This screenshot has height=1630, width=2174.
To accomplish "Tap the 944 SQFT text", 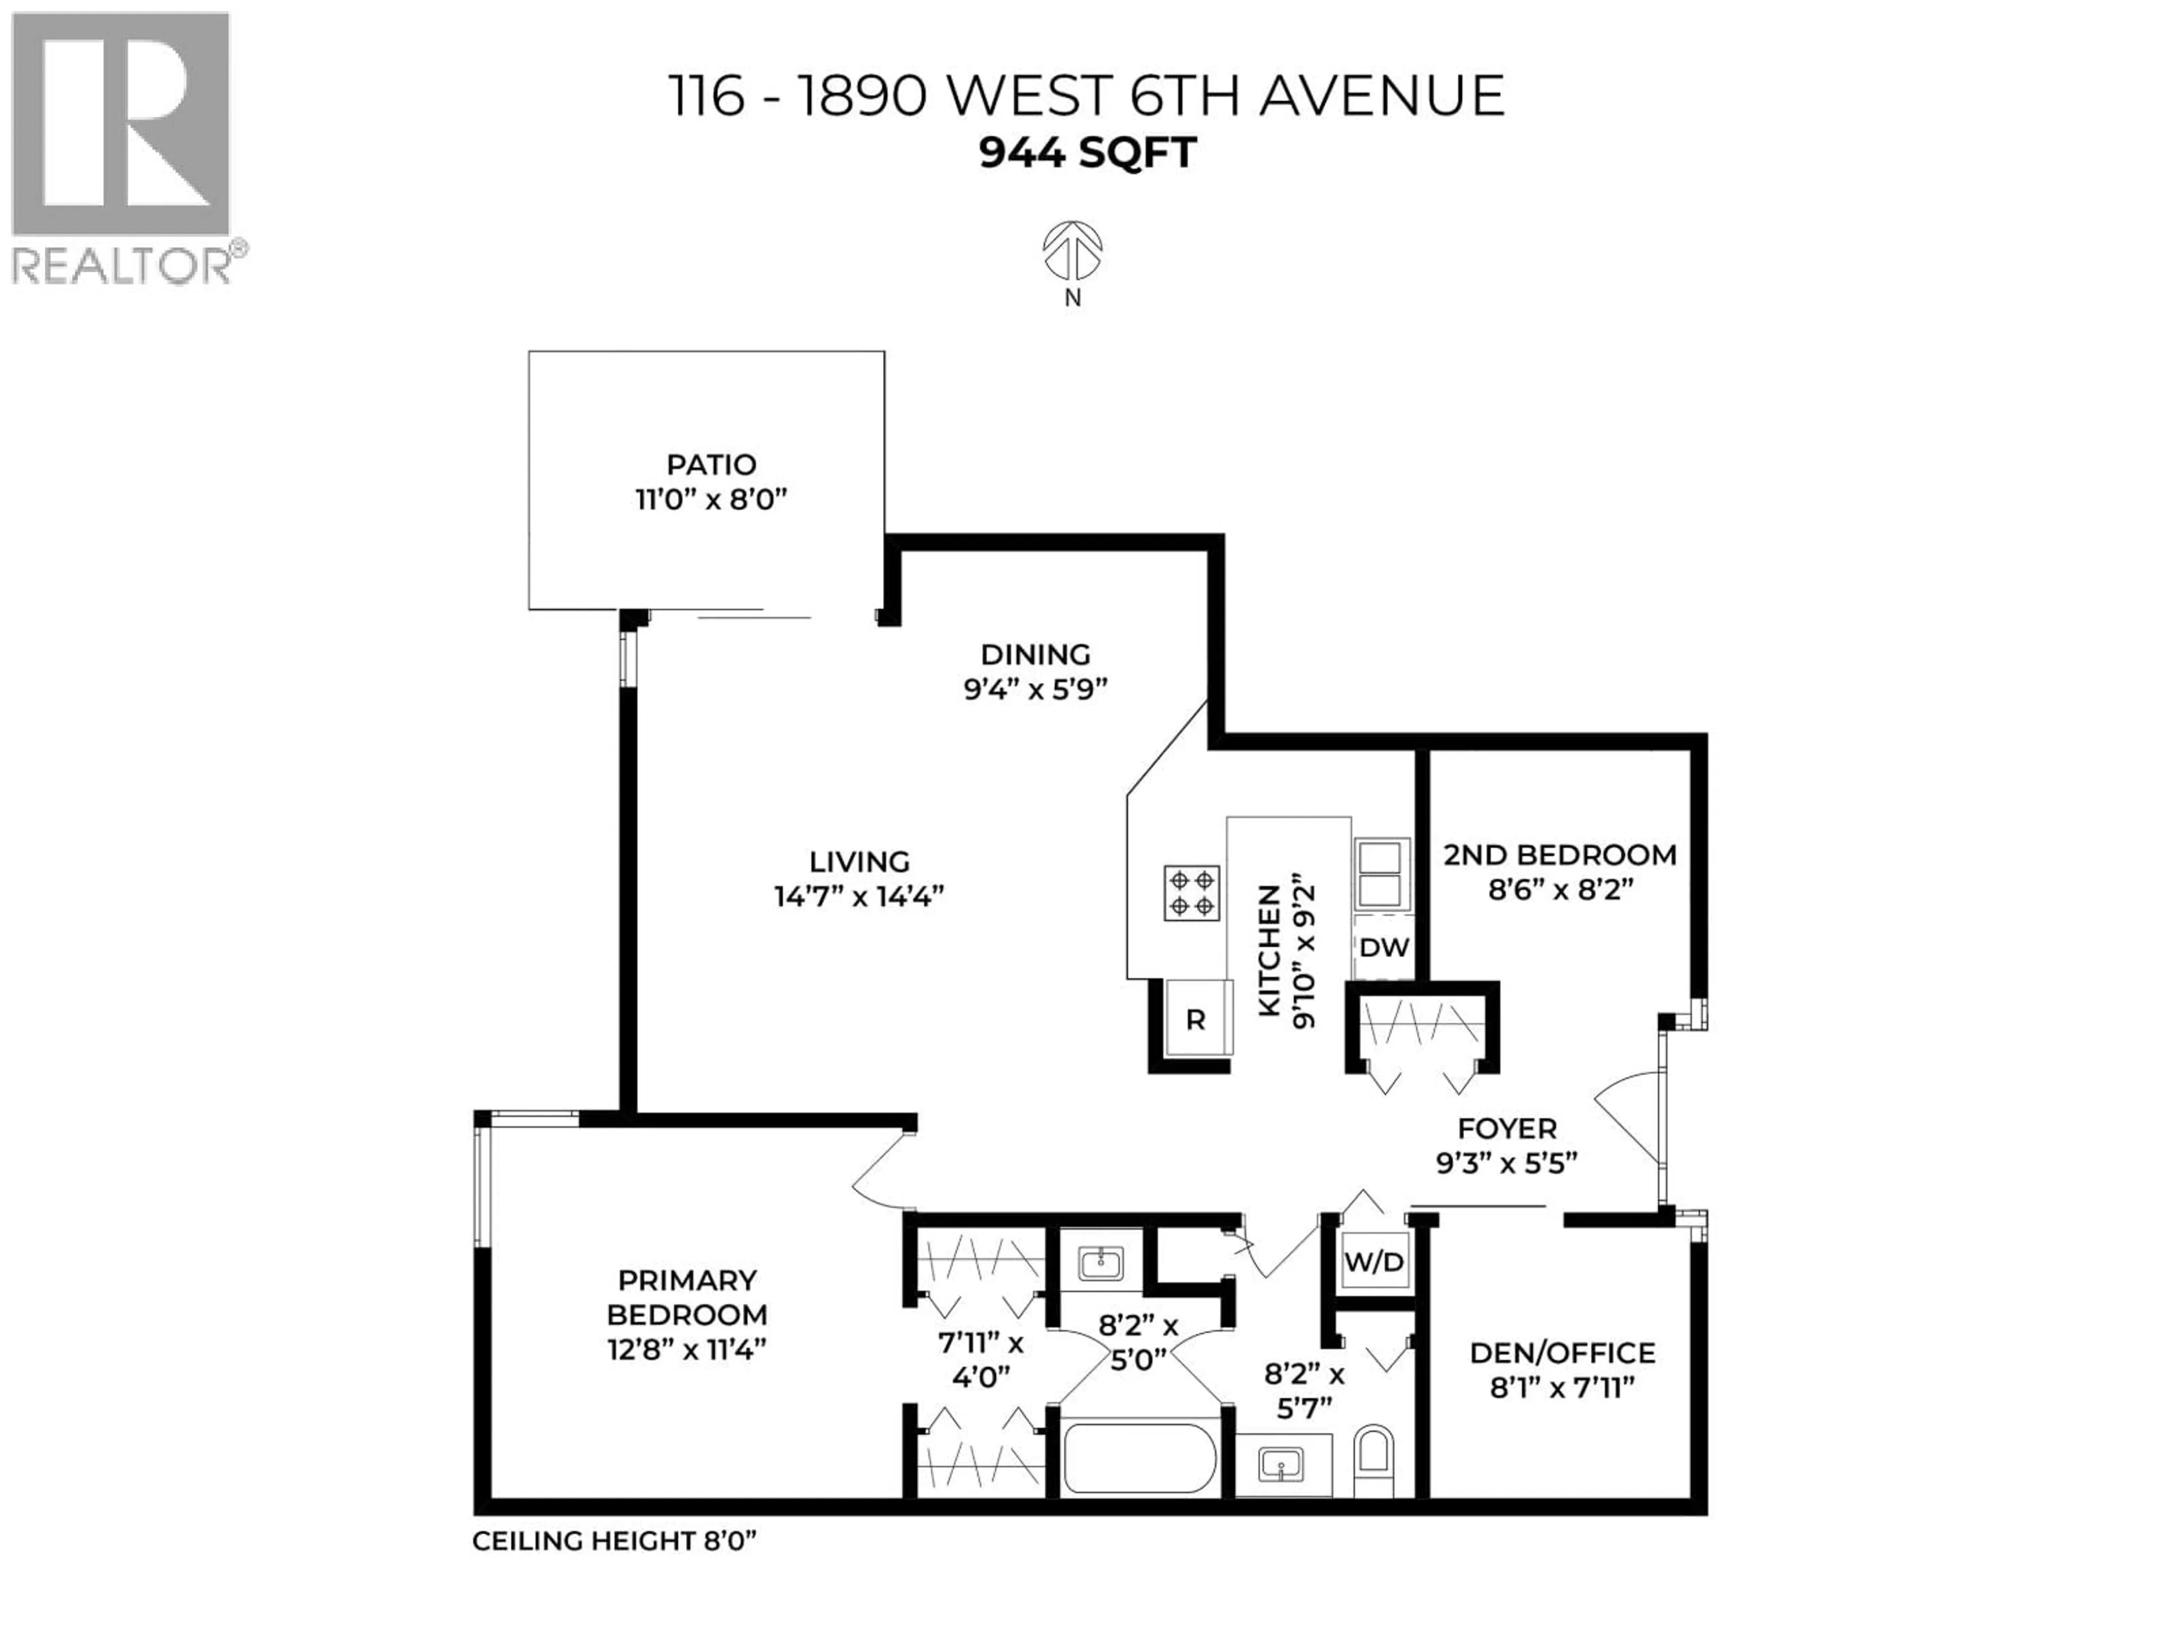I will pyautogui.click(x=1087, y=152).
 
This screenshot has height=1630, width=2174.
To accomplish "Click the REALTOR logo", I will pyautogui.click(x=122, y=147).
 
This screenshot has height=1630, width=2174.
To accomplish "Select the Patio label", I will pyautogui.click(x=711, y=465).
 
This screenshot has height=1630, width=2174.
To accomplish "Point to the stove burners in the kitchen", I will pyautogui.click(x=1191, y=893).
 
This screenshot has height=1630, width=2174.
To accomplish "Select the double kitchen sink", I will pyautogui.click(x=1381, y=873).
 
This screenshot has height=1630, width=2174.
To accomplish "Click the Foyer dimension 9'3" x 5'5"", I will pyautogui.click(x=1506, y=1163).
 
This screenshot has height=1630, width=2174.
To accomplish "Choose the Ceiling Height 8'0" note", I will pyautogui.click(x=614, y=1541).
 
